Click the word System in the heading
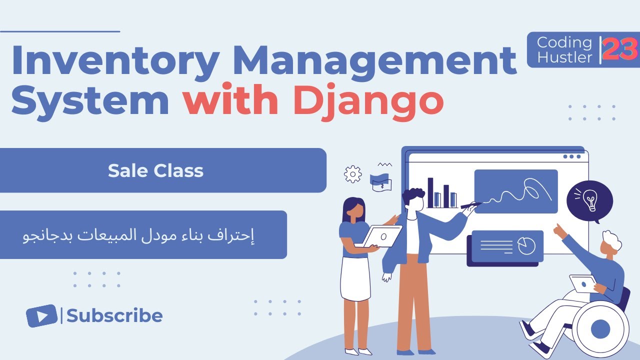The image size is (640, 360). pyautogui.click(x=90, y=100)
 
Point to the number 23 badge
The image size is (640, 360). pyautogui.click(x=620, y=49)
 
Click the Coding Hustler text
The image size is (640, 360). pyautogui.click(x=564, y=49)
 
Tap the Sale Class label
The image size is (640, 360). pyautogui.click(x=155, y=171)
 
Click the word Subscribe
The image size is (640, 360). pyautogui.click(x=114, y=316)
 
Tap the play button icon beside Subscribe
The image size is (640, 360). pyautogui.click(x=41, y=316)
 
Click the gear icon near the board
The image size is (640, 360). pyautogui.click(x=353, y=174)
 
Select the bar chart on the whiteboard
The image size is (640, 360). pyautogui.click(x=441, y=194)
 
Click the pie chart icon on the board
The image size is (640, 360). pyautogui.click(x=526, y=245)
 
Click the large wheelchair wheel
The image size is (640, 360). pyautogui.click(x=600, y=329)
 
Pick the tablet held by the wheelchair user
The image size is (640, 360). pyautogui.click(x=582, y=284)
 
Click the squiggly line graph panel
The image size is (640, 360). pyautogui.click(x=515, y=191)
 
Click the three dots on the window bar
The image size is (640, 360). pyautogui.click(x=571, y=156)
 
